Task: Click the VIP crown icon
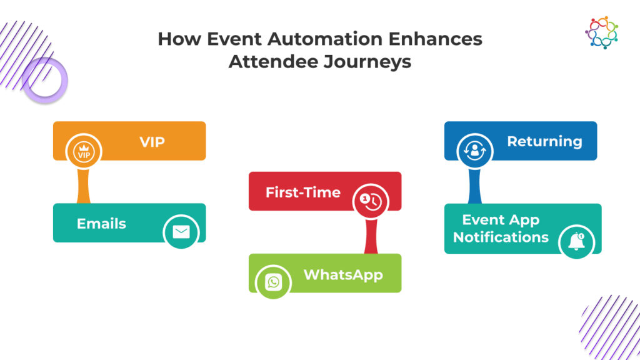(84, 151)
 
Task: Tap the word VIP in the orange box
(152, 141)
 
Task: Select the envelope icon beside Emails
(181, 232)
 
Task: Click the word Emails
(101, 223)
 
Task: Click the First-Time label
(303, 192)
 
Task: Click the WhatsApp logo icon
(273, 282)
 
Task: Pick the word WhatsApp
(343, 274)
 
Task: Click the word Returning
(544, 141)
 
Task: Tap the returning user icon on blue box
(474, 151)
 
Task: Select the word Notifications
(501, 237)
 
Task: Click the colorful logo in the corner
(601, 33)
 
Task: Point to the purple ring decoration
(45, 80)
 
